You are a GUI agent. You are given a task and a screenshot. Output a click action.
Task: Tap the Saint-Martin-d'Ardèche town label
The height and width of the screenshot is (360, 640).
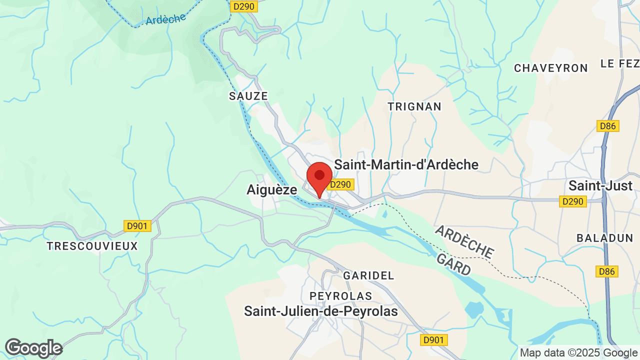click(x=406, y=164)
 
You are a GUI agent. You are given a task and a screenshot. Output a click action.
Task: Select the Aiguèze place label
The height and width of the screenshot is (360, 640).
click(x=271, y=189)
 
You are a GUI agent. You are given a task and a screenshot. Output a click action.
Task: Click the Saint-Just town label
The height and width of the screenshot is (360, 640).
click(x=600, y=185)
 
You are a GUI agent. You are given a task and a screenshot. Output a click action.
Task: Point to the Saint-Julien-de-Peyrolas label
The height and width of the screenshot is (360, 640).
click(x=320, y=311)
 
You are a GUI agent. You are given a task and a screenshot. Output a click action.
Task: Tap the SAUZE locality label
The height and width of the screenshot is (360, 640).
click(x=248, y=96)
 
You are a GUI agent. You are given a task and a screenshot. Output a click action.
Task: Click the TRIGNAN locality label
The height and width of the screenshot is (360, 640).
click(x=414, y=106)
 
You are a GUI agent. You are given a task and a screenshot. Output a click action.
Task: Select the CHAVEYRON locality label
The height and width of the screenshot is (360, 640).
click(x=550, y=68)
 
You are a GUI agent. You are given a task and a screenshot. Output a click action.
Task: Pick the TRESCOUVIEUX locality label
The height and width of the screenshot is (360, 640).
click(x=92, y=246)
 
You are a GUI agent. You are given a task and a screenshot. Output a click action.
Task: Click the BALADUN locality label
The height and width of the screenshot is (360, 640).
click(x=605, y=238)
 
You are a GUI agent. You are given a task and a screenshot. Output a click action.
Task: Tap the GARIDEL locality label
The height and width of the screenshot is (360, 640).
click(x=368, y=275)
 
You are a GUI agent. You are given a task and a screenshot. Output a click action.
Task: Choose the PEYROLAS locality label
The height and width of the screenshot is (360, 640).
click(x=341, y=296)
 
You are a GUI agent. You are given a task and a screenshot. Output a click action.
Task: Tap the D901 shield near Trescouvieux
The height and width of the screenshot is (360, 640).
click(x=137, y=226)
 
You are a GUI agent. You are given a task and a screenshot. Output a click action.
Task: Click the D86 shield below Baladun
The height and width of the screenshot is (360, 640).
click(x=607, y=271)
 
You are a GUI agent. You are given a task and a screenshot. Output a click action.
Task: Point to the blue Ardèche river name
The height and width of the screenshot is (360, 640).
click(x=165, y=19)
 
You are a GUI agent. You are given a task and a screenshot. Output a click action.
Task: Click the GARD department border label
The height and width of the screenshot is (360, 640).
click(x=453, y=264)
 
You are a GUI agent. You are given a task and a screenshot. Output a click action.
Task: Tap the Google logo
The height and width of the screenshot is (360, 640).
click(x=33, y=348)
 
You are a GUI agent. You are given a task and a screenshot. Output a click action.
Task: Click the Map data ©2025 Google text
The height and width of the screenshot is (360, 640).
click(x=578, y=352)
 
